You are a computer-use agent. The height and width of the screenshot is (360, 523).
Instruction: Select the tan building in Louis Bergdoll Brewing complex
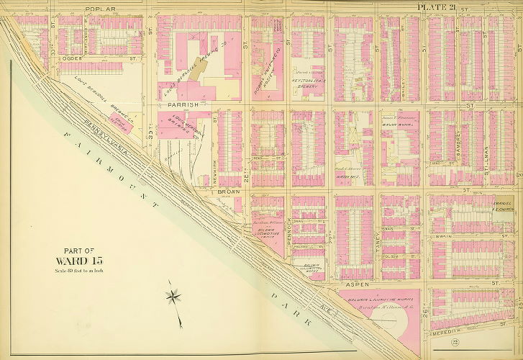(200, 70)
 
